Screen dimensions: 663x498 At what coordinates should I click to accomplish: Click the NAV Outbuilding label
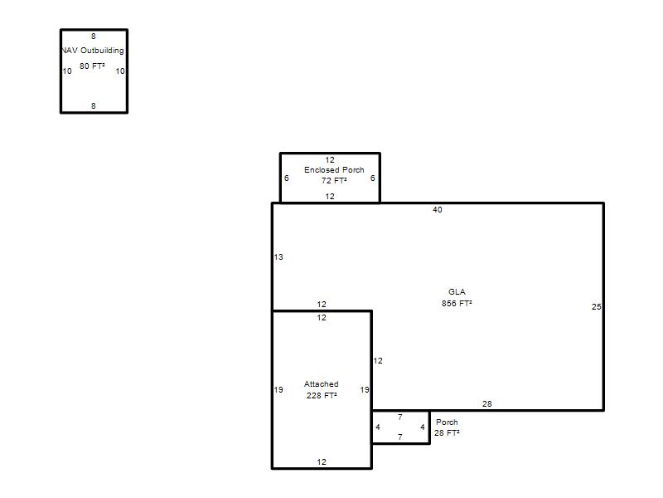(93, 51)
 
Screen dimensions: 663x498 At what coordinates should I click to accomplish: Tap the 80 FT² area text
(92, 66)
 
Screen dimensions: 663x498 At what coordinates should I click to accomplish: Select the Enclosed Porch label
(334, 170)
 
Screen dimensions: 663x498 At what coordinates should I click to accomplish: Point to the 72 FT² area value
(334, 180)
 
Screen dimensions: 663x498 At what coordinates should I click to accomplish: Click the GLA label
(457, 292)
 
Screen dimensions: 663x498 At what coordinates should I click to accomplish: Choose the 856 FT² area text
(457, 303)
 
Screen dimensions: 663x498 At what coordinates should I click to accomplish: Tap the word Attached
(322, 384)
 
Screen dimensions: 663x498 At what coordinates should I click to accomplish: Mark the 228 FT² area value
(322, 396)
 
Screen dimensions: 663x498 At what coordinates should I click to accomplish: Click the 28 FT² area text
(447, 432)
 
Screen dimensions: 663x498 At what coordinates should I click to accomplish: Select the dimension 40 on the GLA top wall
(438, 210)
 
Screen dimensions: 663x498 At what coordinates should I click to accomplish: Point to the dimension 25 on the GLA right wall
(596, 306)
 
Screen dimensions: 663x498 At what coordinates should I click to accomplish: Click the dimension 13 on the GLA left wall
(278, 257)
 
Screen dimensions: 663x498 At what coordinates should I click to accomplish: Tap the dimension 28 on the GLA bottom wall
(487, 404)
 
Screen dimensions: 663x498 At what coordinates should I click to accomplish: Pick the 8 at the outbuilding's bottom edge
(94, 106)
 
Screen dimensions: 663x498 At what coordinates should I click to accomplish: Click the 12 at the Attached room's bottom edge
(322, 462)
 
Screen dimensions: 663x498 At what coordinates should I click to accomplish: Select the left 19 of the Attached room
(278, 389)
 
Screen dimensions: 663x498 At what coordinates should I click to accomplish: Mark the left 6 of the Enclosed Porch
(286, 178)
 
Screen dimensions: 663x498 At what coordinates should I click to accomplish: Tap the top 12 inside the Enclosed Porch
(330, 160)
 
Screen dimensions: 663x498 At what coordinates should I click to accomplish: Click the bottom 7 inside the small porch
(400, 437)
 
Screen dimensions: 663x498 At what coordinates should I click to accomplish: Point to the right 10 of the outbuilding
(120, 71)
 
